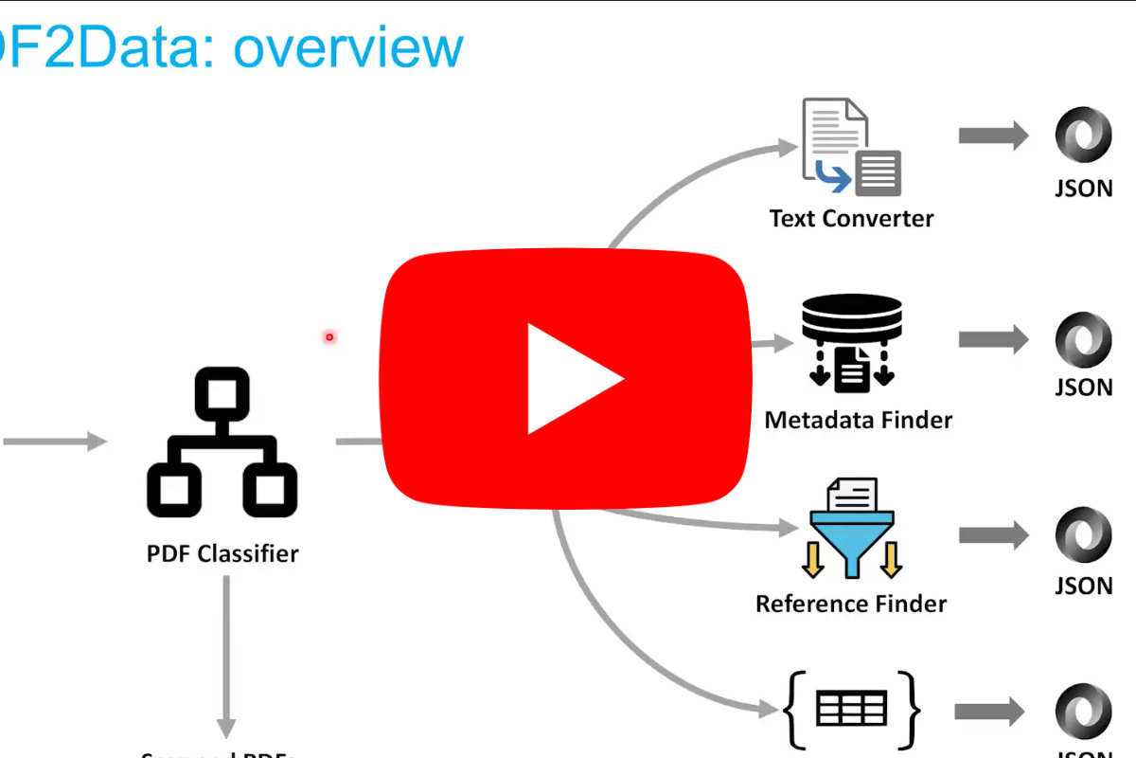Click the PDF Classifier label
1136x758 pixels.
(x=222, y=552)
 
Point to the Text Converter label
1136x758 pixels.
(x=851, y=218)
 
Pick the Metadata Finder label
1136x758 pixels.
(x=858, y=419)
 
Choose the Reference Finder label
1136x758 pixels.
(x=851, y=603)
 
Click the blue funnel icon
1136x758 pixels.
(x=851, y=535)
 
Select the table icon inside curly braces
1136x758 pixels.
(x=851, y=708)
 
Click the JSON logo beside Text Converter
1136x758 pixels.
(x=1084, y=135)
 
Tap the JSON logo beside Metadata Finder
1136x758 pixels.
(x=1084, y=338)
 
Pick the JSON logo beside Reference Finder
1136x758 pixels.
(x=1084, y=535)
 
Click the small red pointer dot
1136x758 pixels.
(x=329, y=336)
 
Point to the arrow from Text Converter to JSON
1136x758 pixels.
(x=993, y=135)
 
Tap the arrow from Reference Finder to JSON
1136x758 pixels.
(x=993, y=535)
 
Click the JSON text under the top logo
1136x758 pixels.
(x=1084, y=188)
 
